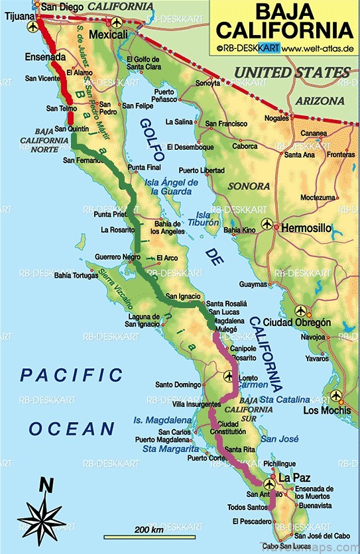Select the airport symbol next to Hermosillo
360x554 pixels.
coord(268,225)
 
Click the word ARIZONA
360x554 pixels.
coord(320,101)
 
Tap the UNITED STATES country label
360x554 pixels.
coord(293,72)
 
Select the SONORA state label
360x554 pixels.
coord(249,186)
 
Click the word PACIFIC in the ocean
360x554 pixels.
coord(71,375)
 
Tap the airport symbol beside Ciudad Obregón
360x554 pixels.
coord(302,310)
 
